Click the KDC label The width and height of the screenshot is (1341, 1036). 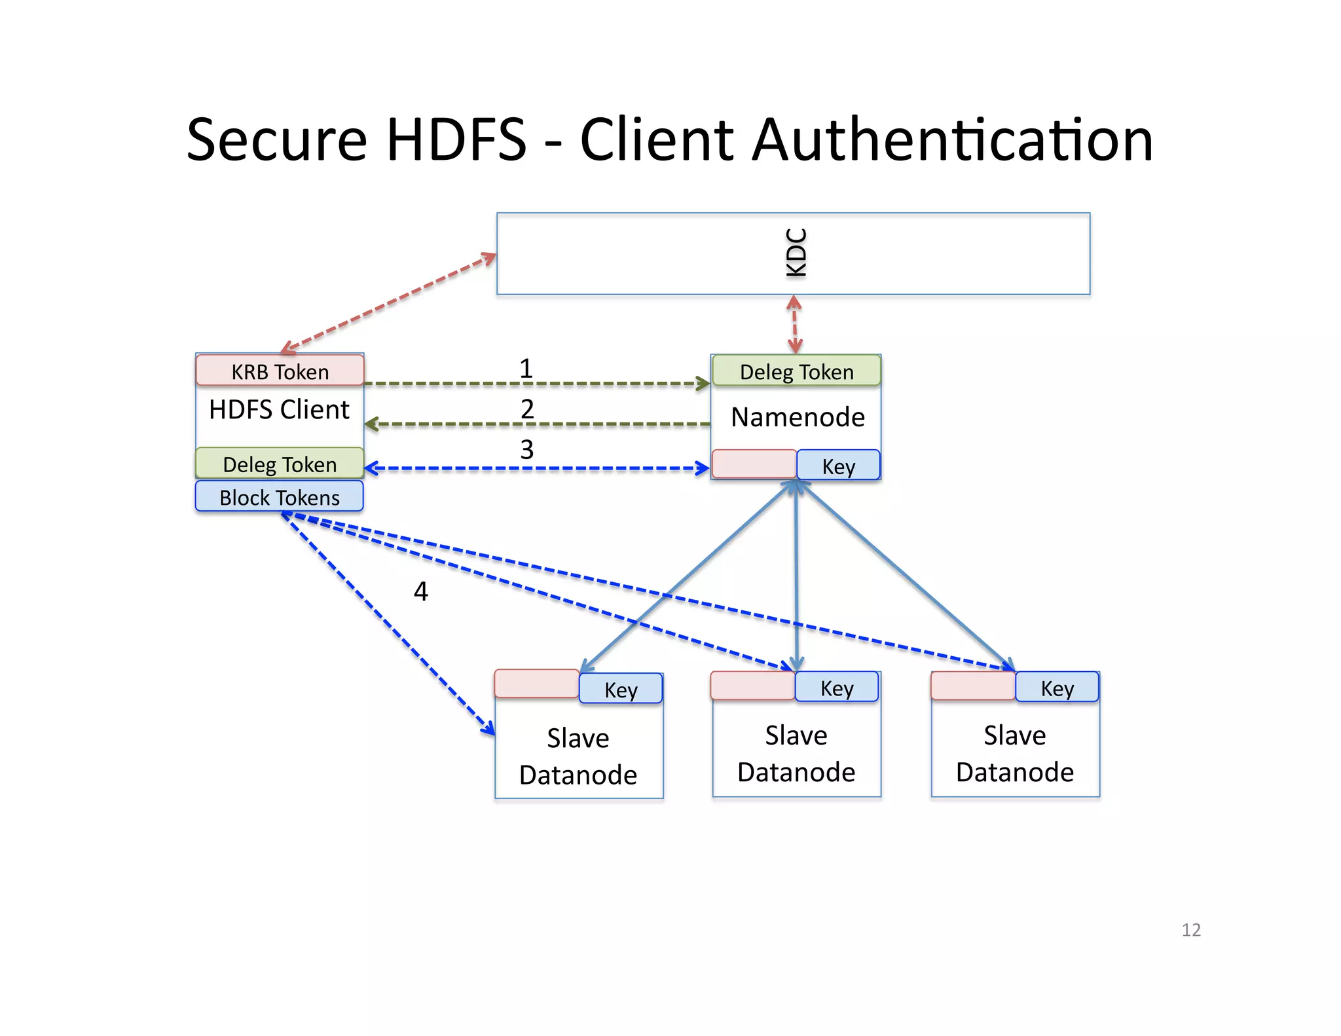(796, 253)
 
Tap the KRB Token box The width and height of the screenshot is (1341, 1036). (280, 371)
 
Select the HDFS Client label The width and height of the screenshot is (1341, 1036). (279, 409)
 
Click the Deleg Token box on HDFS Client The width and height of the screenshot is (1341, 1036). (280, 464)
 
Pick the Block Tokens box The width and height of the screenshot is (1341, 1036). (280, 497)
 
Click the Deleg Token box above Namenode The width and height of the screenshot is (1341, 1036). (796, 371)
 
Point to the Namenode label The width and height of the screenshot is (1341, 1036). (798, 417)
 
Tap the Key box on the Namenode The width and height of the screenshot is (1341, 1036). (839, 466)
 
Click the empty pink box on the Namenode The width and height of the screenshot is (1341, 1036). (754, 464)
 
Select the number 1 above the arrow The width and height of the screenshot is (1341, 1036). (526, 368)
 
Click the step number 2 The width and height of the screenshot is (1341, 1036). (527, 409)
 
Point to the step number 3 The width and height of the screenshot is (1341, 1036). (527, 449)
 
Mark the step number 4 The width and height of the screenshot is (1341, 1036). (421, 591)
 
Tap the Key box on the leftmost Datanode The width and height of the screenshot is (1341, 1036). (621, 689)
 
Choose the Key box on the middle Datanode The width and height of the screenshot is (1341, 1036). (837, 688)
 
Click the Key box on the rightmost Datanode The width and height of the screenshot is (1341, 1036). (1057, 688)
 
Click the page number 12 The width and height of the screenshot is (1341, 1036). (1191, 930)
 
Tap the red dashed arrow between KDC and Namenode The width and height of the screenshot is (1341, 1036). (794, 324)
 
